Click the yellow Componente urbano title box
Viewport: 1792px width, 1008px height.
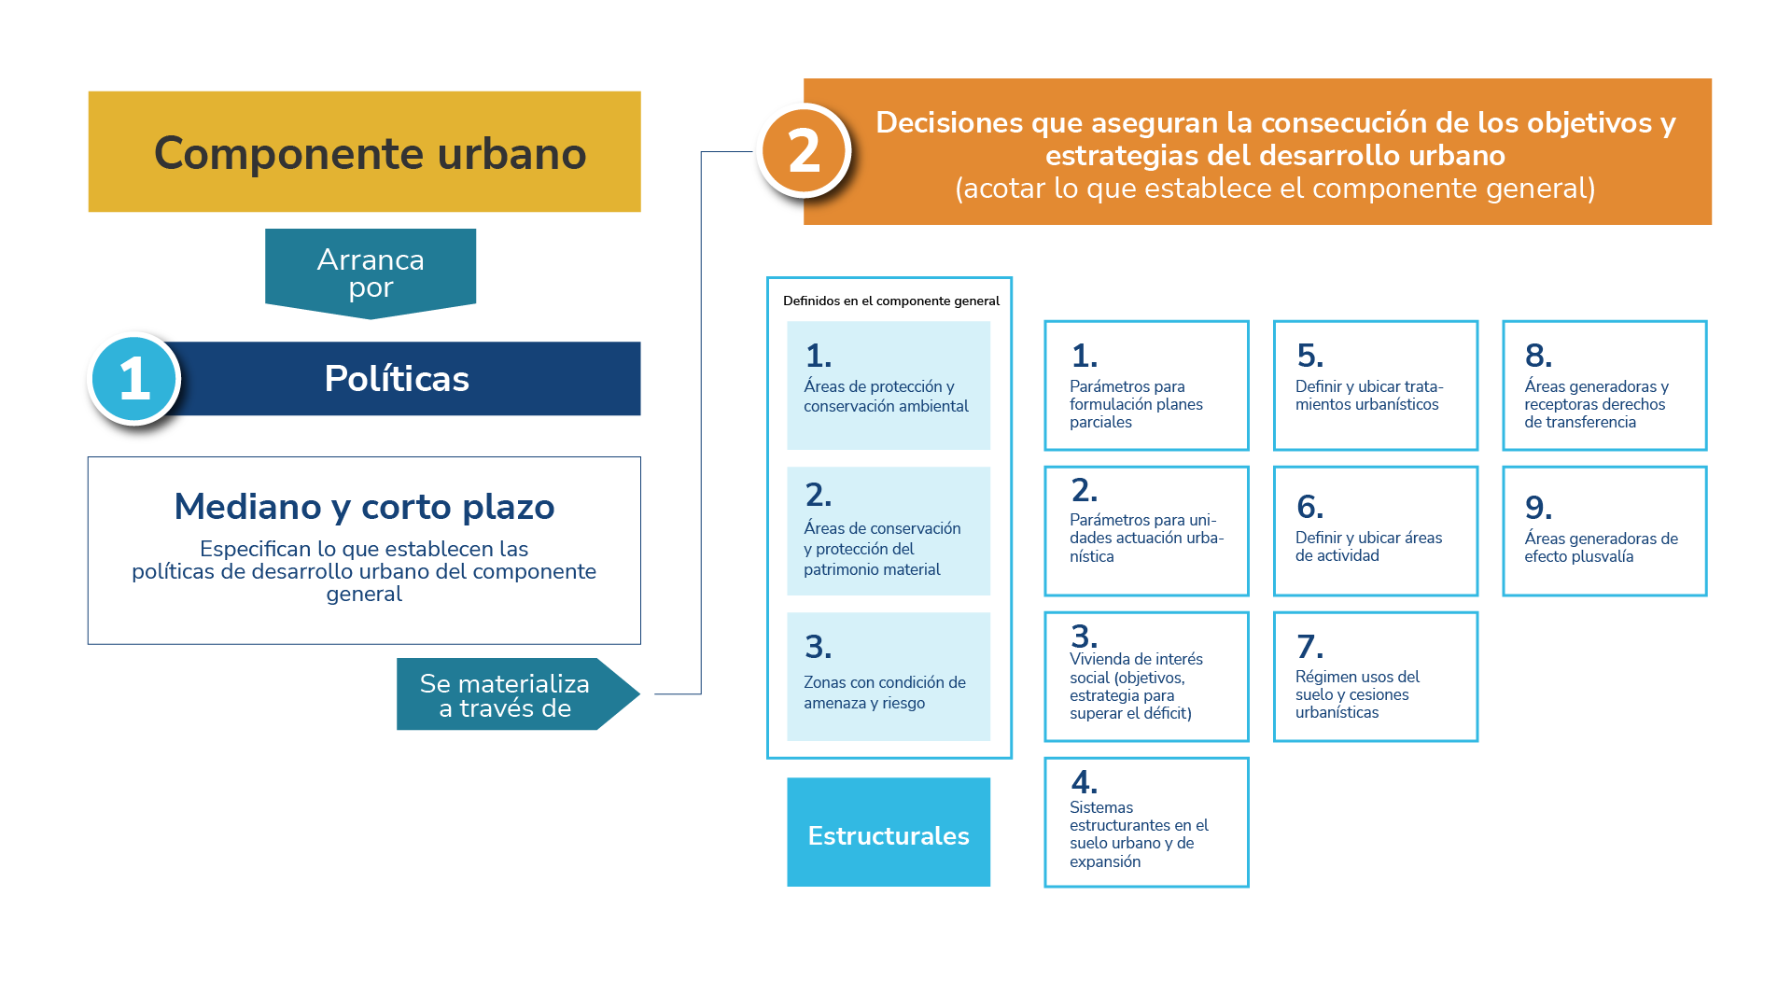point(364,152)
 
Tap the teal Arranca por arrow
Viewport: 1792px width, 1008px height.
point(371,273)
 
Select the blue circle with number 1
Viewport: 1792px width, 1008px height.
point(135,379)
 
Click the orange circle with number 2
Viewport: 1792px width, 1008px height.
point(804,151)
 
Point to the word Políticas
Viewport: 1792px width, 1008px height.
point(397,379)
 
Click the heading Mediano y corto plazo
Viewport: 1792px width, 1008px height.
point(364,507)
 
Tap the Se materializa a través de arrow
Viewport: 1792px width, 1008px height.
point(509,695)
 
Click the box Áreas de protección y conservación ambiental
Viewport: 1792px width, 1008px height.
point(889,385)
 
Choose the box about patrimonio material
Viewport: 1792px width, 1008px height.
point(889,531)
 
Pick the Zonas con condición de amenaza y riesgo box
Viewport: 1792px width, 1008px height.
point(889,677)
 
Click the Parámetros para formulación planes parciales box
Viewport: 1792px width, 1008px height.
point(1146,385)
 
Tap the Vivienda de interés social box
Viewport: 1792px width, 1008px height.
point(1146,677)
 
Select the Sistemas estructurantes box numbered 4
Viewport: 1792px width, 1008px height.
point(1146,822)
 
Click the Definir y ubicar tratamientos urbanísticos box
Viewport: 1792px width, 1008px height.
point(1376,385)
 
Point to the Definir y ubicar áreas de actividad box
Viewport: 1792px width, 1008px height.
point(1376,531)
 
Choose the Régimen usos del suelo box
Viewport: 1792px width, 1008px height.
point(1376,677)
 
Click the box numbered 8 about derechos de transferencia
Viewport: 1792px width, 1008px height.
point(1604,385)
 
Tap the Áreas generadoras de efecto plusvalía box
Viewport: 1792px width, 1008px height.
point(1604,531)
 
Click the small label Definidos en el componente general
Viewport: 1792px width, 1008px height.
point(891,301)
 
